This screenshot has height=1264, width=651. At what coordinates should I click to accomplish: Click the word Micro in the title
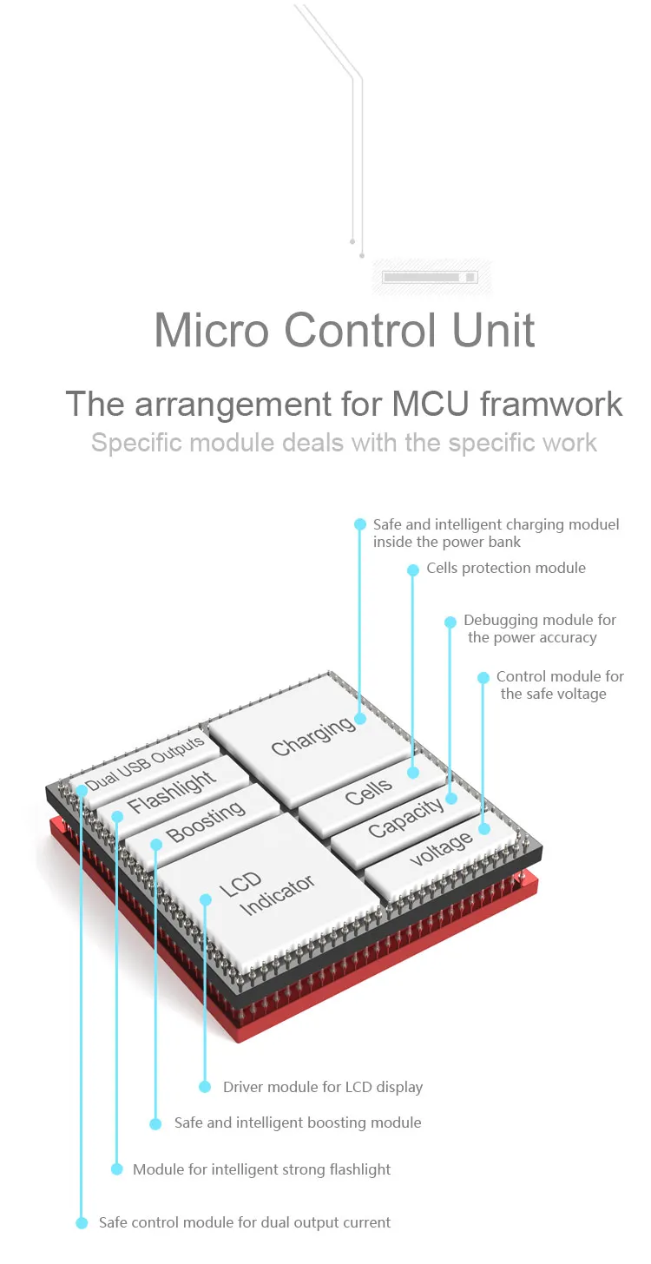click(x=212, y=331)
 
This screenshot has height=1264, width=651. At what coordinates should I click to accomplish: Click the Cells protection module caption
click(x=506, y=569)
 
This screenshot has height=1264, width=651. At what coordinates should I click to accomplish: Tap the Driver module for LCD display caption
click(x=323, y=1087)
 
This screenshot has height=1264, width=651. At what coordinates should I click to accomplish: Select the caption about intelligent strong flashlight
click(x=261, y=1169)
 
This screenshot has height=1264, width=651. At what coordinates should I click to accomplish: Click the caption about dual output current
click(x=245, y=1222)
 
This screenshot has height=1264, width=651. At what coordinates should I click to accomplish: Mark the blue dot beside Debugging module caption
click(x=450, y=622)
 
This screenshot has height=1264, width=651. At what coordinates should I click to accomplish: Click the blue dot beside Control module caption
click(x=483, y=677)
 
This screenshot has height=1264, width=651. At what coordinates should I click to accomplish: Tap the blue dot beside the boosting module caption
click(x=155, y=1123)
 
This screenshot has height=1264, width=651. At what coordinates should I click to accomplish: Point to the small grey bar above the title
click(x=430, y=277)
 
